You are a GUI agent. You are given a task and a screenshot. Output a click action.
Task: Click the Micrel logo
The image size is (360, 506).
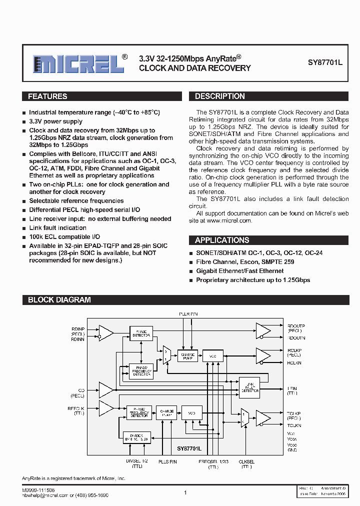point(79,63)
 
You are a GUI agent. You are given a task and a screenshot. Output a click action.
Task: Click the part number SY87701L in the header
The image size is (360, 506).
point(325,63)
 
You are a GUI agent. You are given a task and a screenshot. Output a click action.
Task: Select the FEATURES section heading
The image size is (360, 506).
point(47,96)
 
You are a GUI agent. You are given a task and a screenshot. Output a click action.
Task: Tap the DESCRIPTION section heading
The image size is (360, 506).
point(220,96)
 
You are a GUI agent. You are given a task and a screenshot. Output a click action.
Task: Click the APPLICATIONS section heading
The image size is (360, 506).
point(222,240)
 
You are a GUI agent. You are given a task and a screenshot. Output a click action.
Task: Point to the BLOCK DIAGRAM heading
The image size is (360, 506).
point(59,300)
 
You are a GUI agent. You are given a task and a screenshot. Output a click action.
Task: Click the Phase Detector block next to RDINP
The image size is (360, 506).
point(141,333)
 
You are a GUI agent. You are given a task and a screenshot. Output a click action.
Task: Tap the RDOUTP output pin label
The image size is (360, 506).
point(295,326)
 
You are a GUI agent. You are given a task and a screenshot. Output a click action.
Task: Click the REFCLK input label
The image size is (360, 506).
point(76,408)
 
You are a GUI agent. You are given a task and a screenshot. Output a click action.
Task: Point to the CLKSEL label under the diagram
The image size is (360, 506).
point(246,462)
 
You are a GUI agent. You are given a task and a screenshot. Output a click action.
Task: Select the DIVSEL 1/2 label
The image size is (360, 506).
point(136,462)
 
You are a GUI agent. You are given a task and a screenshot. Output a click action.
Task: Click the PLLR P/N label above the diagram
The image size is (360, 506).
point(188,313)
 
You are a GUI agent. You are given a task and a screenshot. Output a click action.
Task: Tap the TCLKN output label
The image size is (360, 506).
point(294,425)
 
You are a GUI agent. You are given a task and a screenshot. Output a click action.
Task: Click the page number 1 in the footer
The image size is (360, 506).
point(185,492)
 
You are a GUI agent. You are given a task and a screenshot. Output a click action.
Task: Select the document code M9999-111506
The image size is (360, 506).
point(38,490)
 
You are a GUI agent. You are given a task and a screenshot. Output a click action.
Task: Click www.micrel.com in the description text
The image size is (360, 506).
point(229,220)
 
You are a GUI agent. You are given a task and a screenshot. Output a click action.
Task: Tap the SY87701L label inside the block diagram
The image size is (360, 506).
point(189,449)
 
